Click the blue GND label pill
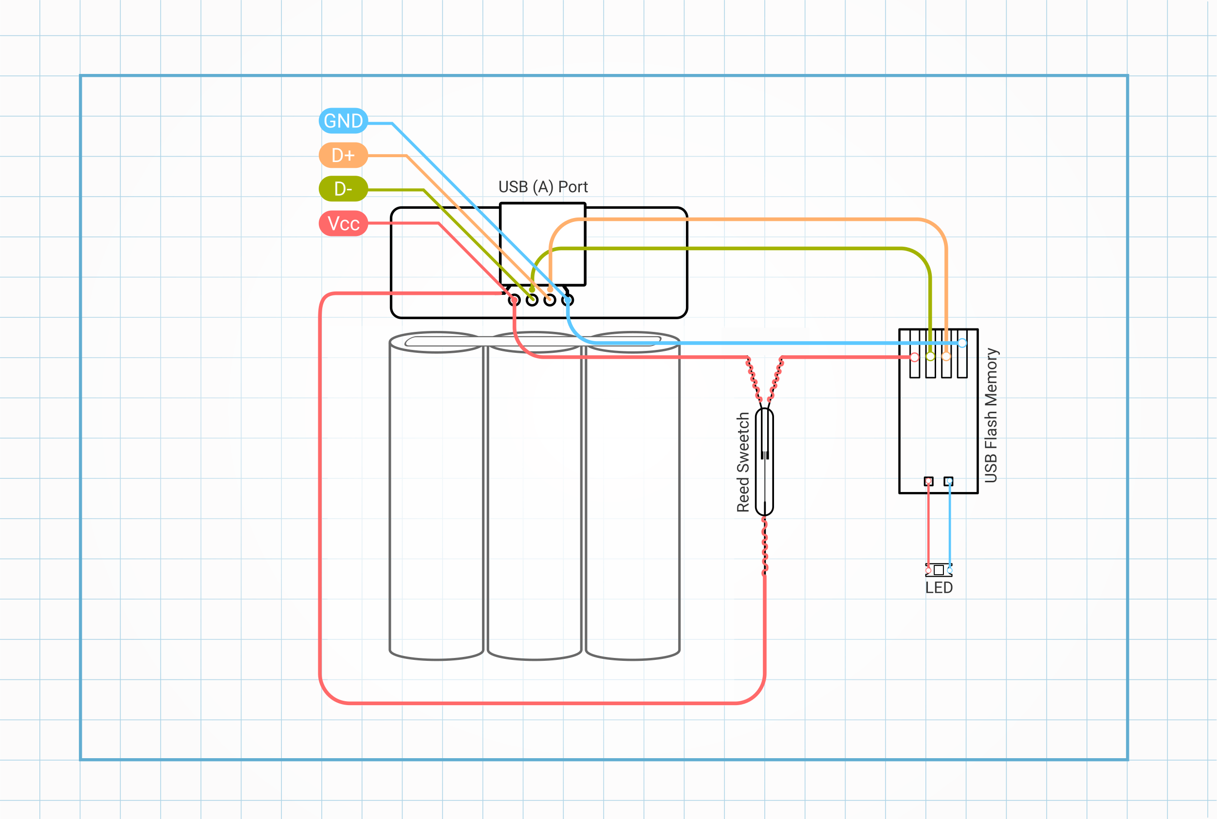pos(343,121)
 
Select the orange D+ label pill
pos(343,155)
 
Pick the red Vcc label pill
pos(343,223)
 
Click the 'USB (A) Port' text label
pos(543,186)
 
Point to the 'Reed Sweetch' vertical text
pos(743,462)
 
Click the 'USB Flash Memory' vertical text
pos(991,415)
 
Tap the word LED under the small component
pos(939,588)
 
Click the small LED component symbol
pos(939,569)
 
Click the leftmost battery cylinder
pos(436,496)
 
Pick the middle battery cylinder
pos(535,496)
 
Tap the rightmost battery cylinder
pos(633,496)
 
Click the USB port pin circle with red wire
pos(514,300)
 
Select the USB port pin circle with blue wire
pos(568,300)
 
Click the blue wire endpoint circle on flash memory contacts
pos(962,343)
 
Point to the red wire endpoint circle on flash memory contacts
pos(914,357)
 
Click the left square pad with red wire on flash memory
pos(928,481)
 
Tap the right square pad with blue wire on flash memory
pos(948,481)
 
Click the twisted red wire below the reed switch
pos(764,546)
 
